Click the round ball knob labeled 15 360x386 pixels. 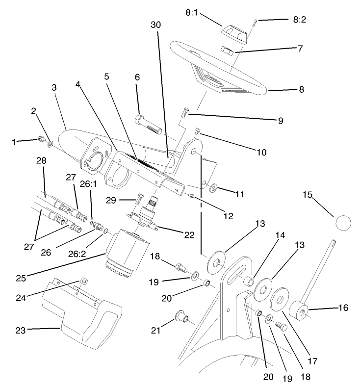coord(344,223)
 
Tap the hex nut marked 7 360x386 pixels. coord(227,50)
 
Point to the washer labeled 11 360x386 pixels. coord(214,188)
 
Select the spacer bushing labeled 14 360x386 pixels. coord(249,282)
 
